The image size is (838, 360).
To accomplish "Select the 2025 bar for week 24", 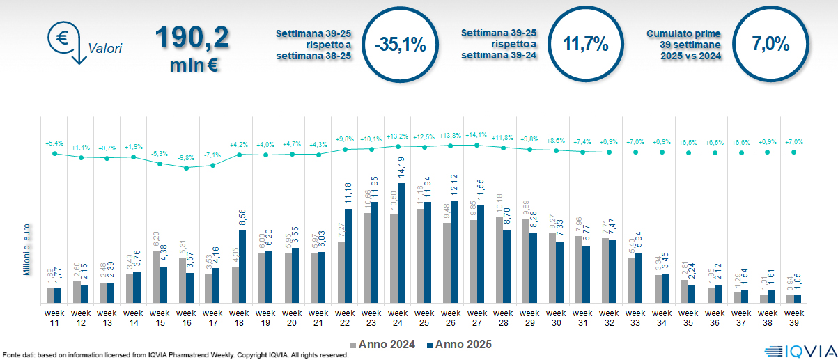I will click(x=401, y=243).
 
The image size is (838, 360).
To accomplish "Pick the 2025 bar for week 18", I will click(x=242, y=267).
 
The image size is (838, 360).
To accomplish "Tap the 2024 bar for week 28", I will click(x=499, y=260).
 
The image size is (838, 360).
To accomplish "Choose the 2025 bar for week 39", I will click(x=797, y=299).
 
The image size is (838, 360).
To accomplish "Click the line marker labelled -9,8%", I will click(x=186, y=168).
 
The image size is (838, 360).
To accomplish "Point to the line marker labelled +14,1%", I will click(x=477, y=145).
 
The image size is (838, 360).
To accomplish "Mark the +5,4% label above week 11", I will click(x=54, y=143).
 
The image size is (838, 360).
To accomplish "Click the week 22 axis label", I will click(x=345, y=318).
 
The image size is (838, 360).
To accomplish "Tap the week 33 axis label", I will click(x=635, y=318).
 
